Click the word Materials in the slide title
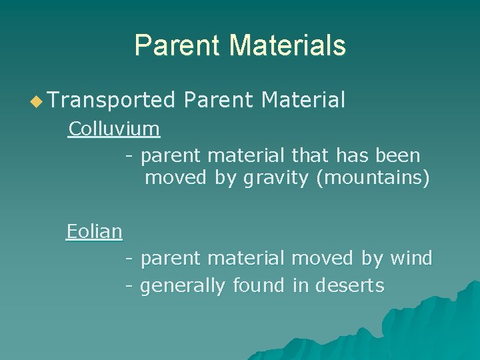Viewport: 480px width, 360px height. pyautogui.click(x=288, y=45)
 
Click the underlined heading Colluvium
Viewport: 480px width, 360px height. pyautogui.click(x=114, y=129)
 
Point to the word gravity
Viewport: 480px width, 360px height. pyautogui.click(x=277, y=179)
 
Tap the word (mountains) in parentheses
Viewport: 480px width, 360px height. pyautogui.click(x=373, y=179)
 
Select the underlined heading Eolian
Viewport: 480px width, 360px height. pyautogui.click(x=94, y=232)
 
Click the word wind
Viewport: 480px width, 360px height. pyautogui.click(x=411, y=257)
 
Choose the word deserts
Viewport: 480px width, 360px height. pyautogui.click(x=350, y=285)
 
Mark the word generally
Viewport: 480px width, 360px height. pyautogui.click(x=183, y=286)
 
